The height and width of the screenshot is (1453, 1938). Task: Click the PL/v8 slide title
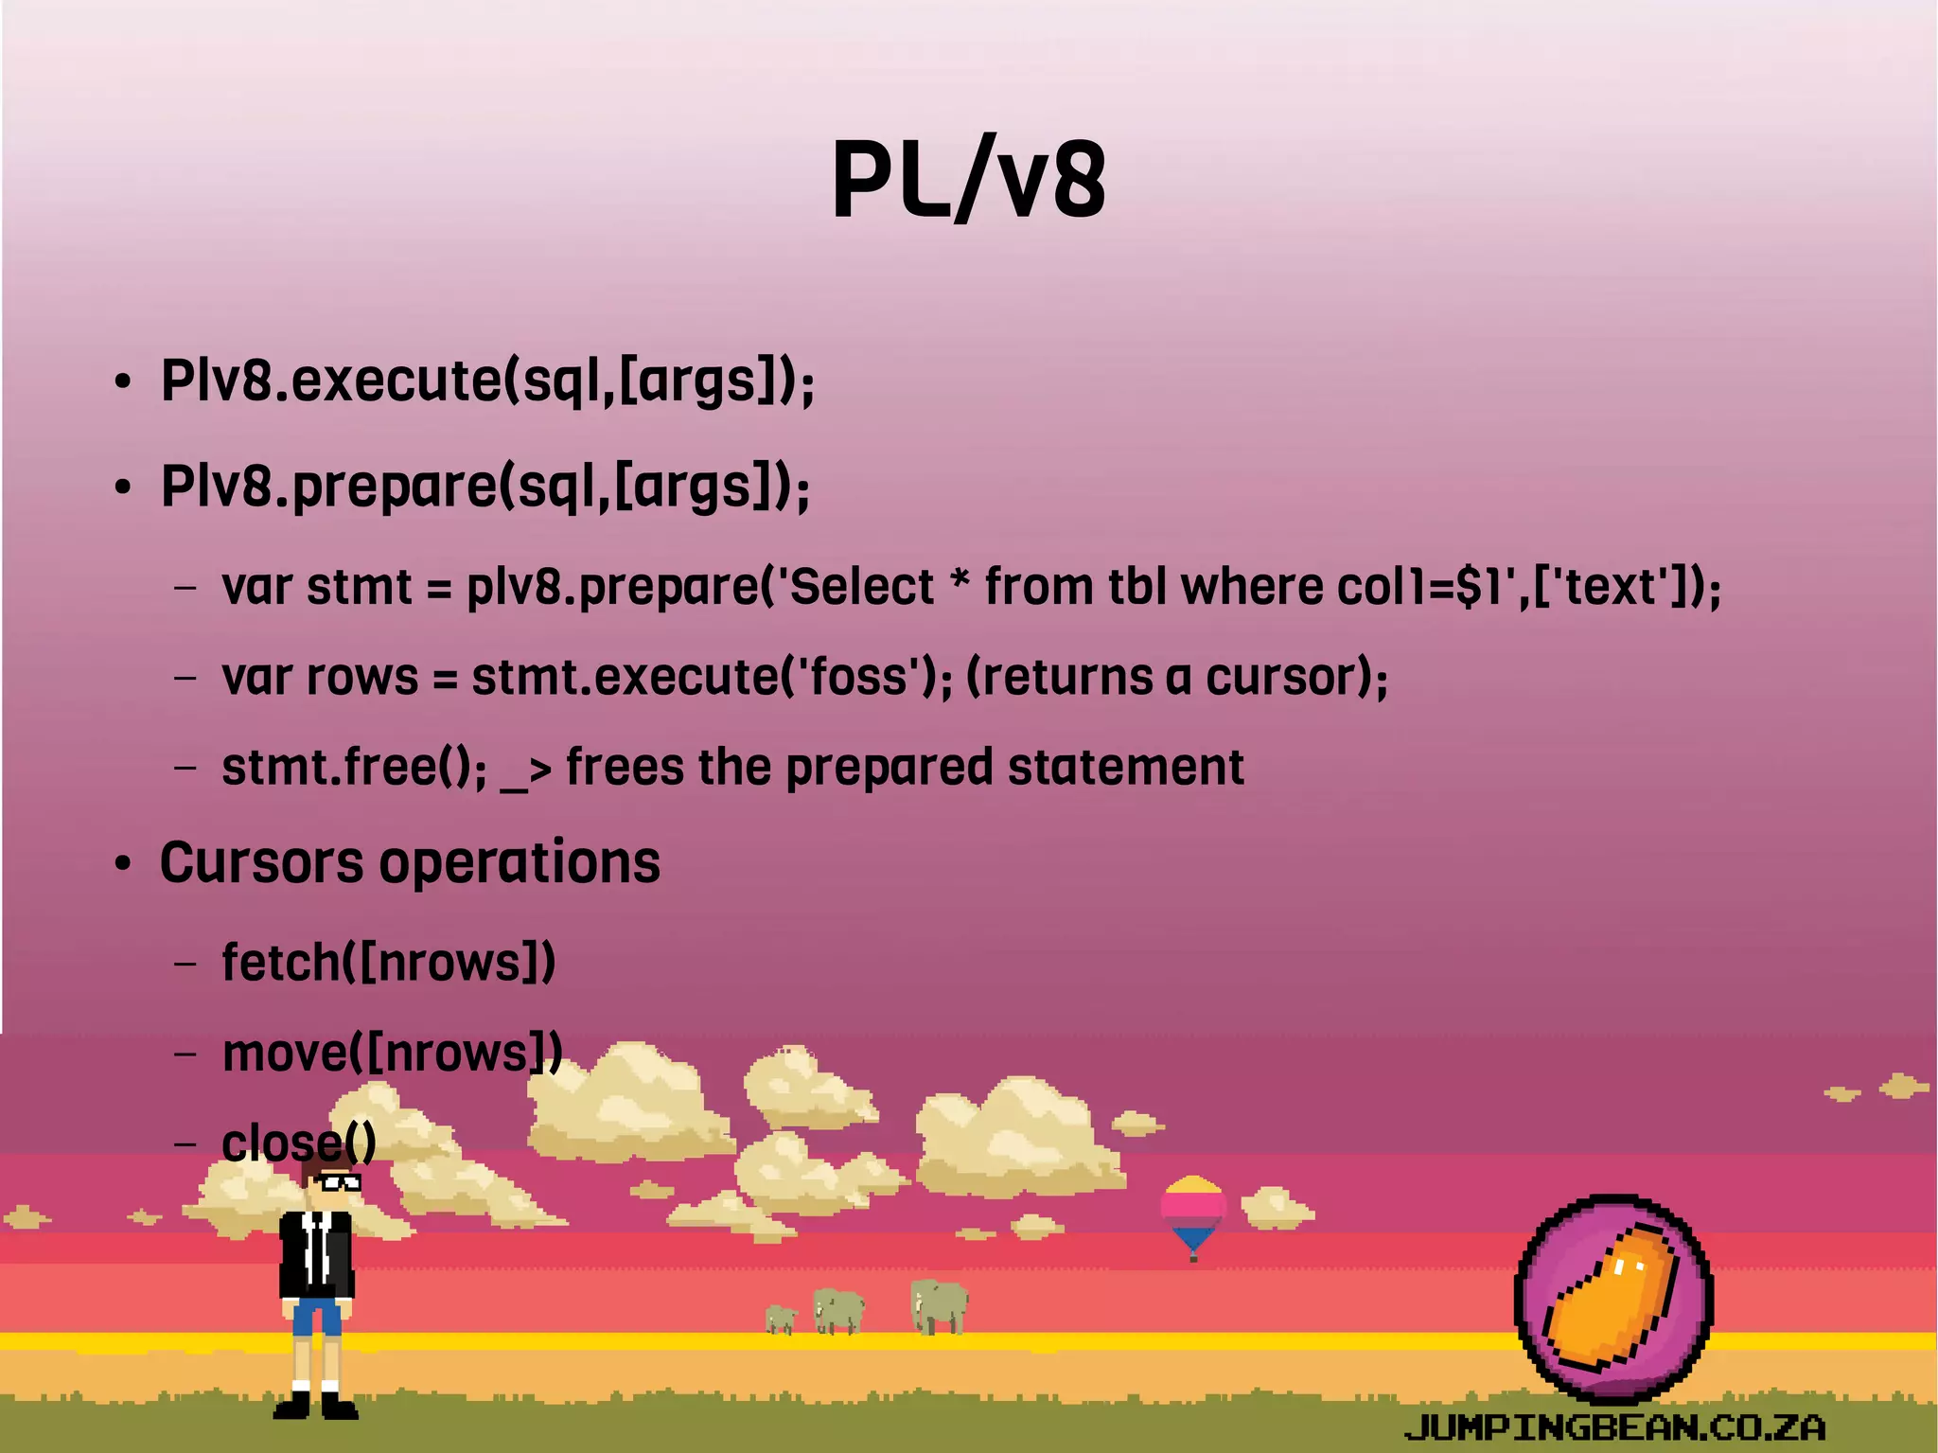[968, 180]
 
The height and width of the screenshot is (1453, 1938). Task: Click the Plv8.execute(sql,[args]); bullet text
[487, 381]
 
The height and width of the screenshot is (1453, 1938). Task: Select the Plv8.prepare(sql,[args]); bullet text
[485, 487]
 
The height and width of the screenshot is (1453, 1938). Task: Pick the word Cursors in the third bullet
[261, 863]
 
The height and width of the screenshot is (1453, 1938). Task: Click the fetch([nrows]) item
[389, 963]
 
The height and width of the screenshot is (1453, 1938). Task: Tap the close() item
[299, 1143]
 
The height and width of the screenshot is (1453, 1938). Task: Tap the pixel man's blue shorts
[316, 1316]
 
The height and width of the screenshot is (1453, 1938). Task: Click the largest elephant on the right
[939, 1306]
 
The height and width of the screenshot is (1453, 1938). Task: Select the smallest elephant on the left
[780, 1319]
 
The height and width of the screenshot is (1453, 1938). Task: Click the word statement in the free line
[1125, 768]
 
